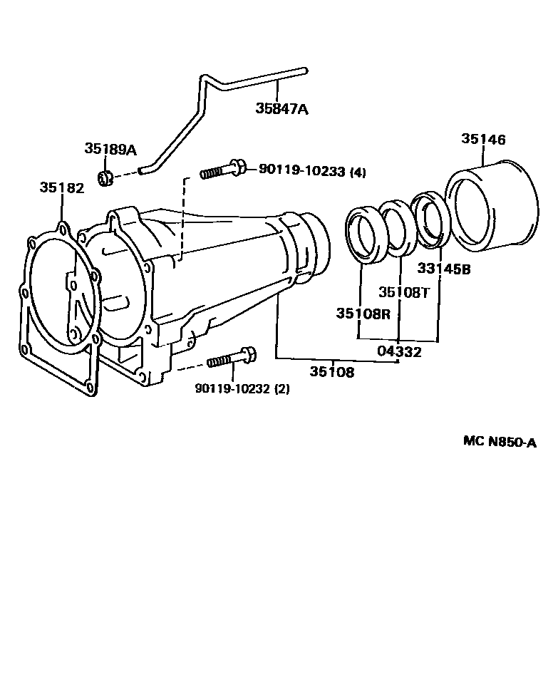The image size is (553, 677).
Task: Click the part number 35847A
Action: pyautogui.click(x=282, y=108)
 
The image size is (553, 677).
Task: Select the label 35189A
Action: pyautogui.click(x=110, y=149)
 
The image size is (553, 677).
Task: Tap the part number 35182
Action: pyautogui.click(x=62, y=187)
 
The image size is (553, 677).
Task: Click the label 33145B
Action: pyautogui.click(x=444, y=269)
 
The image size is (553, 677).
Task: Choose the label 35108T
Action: pyautogui.click(x=405, y=292)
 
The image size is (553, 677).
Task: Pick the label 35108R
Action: pyautogui.click(x=363, y=313)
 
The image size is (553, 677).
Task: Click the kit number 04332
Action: pyautogui.click(x=399, y=351)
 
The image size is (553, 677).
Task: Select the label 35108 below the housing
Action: pyautogui.click(x=332, y=371)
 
